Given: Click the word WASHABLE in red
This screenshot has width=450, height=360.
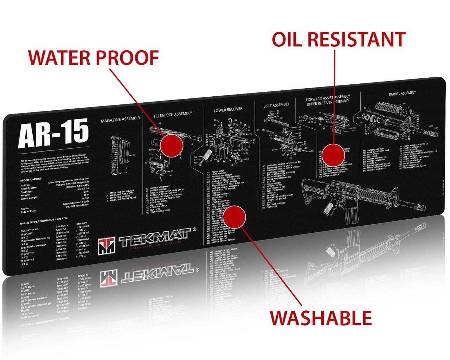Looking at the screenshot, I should pos(321,318).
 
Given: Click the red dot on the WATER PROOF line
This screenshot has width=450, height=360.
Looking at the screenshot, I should pos(172,144).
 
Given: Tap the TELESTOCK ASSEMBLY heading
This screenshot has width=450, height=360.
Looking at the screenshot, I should pos(173,114).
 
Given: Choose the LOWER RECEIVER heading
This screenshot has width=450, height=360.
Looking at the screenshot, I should pos(228,110).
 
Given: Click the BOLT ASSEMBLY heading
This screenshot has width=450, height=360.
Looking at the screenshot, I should pos(276,105).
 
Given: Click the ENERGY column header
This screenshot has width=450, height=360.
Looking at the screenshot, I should pos(82,223).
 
